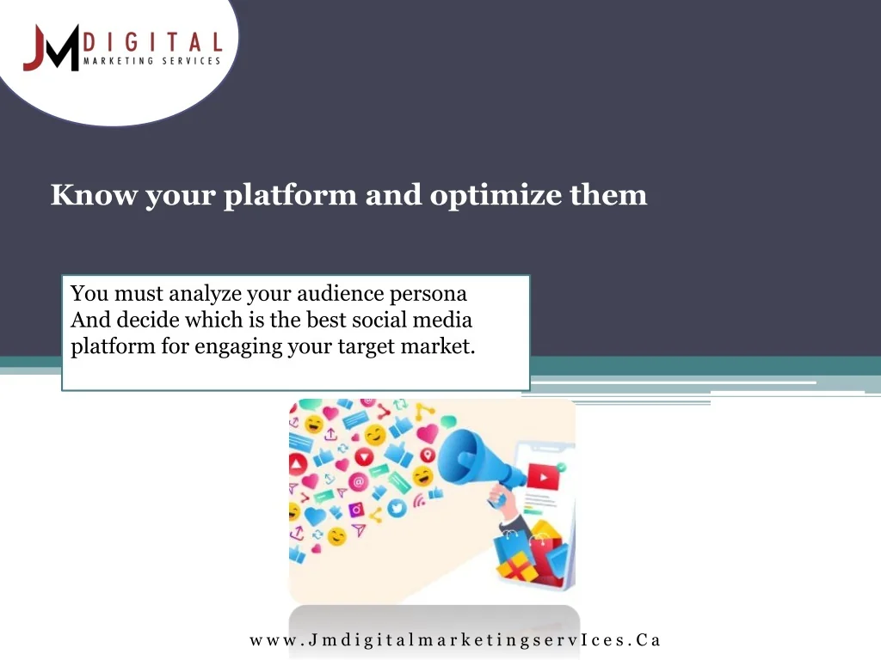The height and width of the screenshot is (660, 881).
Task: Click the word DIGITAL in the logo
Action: click(x=153, y=42)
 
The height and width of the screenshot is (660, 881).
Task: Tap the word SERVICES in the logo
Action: click(x=191, y=61)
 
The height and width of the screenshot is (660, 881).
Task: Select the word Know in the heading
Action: click(x=94, y=194)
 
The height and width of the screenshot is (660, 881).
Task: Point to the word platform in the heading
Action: click(x=291, y=195)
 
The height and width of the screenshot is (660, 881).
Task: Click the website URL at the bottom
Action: click(x=455, y=639)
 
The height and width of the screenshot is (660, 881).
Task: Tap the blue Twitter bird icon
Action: click(x=397, y=509)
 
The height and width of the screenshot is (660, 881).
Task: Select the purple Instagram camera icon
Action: click(x=356, y=510)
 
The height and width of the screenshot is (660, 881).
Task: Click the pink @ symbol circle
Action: click(x=358, y=481)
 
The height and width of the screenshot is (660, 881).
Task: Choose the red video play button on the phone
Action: click(x=543, y=478)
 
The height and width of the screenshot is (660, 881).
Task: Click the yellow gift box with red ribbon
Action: click(x=517, y=567)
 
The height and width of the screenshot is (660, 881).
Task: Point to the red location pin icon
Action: click(x=428, y=455)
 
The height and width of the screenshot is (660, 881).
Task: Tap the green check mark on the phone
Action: click(x=561, y=467)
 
